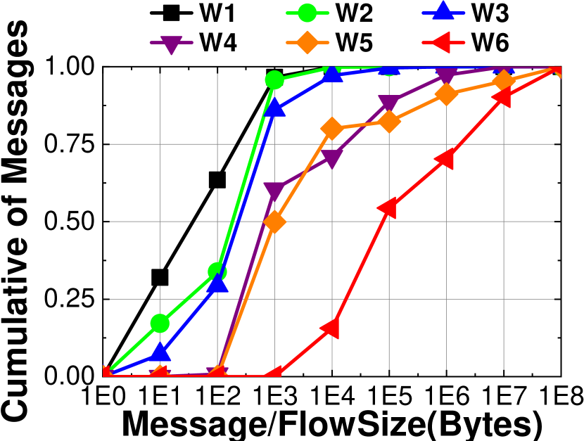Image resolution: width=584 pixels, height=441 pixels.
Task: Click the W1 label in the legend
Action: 218,14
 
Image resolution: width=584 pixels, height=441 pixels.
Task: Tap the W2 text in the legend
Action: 354,14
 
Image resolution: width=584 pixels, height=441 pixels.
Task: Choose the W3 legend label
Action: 490,14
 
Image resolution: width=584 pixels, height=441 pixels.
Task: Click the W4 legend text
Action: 218,43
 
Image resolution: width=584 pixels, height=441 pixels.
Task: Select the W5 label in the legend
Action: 354,43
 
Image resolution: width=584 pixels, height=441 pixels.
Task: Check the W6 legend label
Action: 490,43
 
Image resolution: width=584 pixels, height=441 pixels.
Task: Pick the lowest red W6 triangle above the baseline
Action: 331,328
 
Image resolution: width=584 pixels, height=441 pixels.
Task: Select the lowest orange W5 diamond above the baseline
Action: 274,222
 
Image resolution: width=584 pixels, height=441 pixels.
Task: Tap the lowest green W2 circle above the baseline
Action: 160,323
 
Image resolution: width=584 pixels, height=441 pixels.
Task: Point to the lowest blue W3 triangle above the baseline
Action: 160,352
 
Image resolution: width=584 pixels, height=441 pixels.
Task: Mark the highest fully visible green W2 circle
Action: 274,80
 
